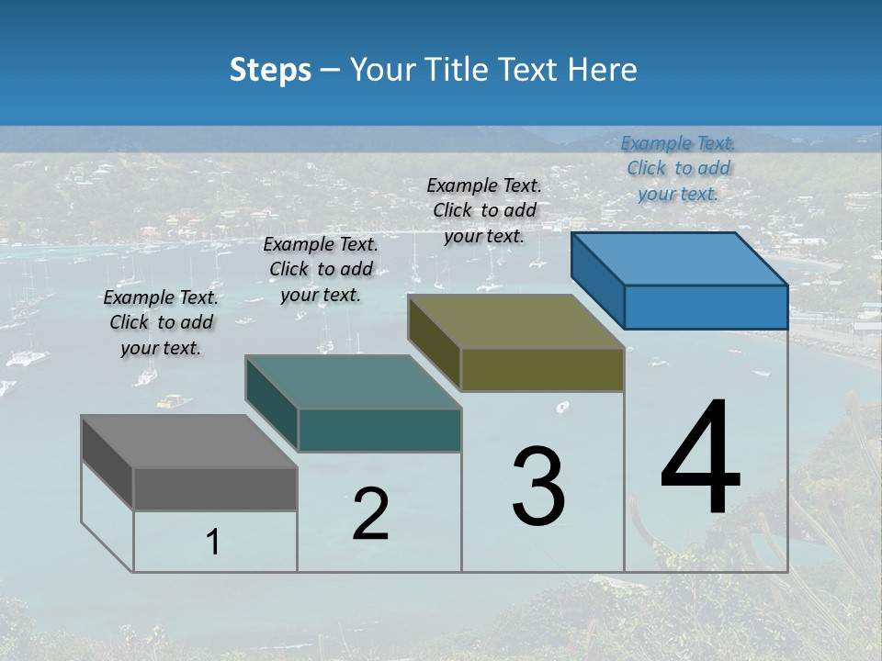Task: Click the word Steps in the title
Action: tap(270, 70)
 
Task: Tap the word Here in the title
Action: tap(603, 70)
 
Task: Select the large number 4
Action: tap(700, 459)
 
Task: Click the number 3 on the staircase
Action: tap(538, 487)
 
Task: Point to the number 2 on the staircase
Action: tap(370, 514)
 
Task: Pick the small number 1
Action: tap(213, 543)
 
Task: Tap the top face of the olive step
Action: tap(516, 321)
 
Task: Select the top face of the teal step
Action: tap(353, 382)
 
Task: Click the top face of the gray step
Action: tap(189, 442)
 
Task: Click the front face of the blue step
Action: tap(706, 307)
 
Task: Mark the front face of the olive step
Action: tap(542, 370)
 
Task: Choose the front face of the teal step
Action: tap(379, 431)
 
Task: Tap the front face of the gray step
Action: tap(215, 488)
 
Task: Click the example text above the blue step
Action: tap(678, 168)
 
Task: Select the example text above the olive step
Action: tap(484, 210)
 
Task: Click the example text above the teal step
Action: tap(321, 269)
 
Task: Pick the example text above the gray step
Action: tap(161, 322)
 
